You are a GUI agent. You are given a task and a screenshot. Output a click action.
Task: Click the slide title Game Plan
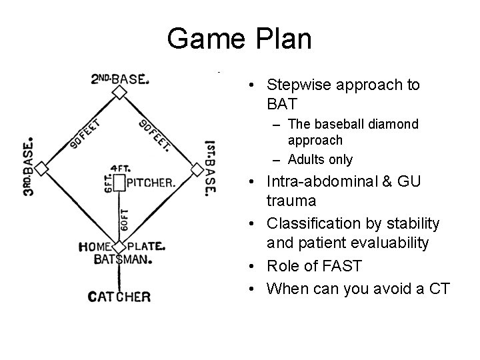[x=239, y=39]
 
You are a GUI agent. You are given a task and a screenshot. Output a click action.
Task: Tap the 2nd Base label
[x=120, y=79]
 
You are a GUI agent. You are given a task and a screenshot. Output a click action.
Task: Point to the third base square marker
[x=42, y=169]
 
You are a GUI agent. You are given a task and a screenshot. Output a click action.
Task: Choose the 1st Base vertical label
[x=210, y=167]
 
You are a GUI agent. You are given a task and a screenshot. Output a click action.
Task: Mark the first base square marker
[x=197, y=169]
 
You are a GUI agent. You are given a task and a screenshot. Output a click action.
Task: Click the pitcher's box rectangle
[x=119, y=182]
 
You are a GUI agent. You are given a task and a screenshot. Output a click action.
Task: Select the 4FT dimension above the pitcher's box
[x=120, y=169]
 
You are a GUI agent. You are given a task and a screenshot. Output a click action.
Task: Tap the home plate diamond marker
[x=119, y=247]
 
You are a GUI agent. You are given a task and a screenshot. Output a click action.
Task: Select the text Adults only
[x=320, y=159]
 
